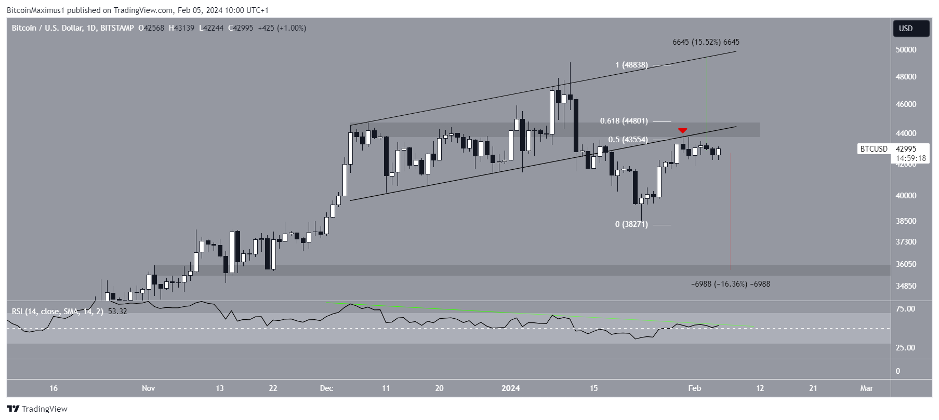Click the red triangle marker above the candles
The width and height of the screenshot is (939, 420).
(x=683, y=130)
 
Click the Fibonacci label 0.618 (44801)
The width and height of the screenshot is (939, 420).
(x=624, y=121)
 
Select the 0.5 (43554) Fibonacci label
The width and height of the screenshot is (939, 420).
(x=628, y=140)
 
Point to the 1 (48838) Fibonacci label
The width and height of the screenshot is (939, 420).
(x=631, y=65)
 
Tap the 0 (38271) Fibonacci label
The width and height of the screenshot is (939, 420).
(x=631, y=224)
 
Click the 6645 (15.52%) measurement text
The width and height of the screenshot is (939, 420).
(x=706, y=42)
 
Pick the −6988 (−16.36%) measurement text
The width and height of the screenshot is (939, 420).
(x=730, y=284)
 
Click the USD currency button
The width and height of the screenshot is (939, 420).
(x=910, y=29)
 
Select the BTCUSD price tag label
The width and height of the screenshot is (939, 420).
(x=874, y=149)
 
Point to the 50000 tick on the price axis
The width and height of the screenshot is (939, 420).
(x=906, y=50)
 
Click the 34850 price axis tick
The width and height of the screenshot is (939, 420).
(x=906, y=286)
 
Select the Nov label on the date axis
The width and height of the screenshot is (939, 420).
(x=149, y=388)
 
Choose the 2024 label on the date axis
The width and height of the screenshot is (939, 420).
(x=511, y=388)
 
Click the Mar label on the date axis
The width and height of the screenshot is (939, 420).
(x=866, y=388)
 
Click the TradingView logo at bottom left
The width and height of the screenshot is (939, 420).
(x=37, y=409)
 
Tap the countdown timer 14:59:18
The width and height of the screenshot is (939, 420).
(x=911, y=158)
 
